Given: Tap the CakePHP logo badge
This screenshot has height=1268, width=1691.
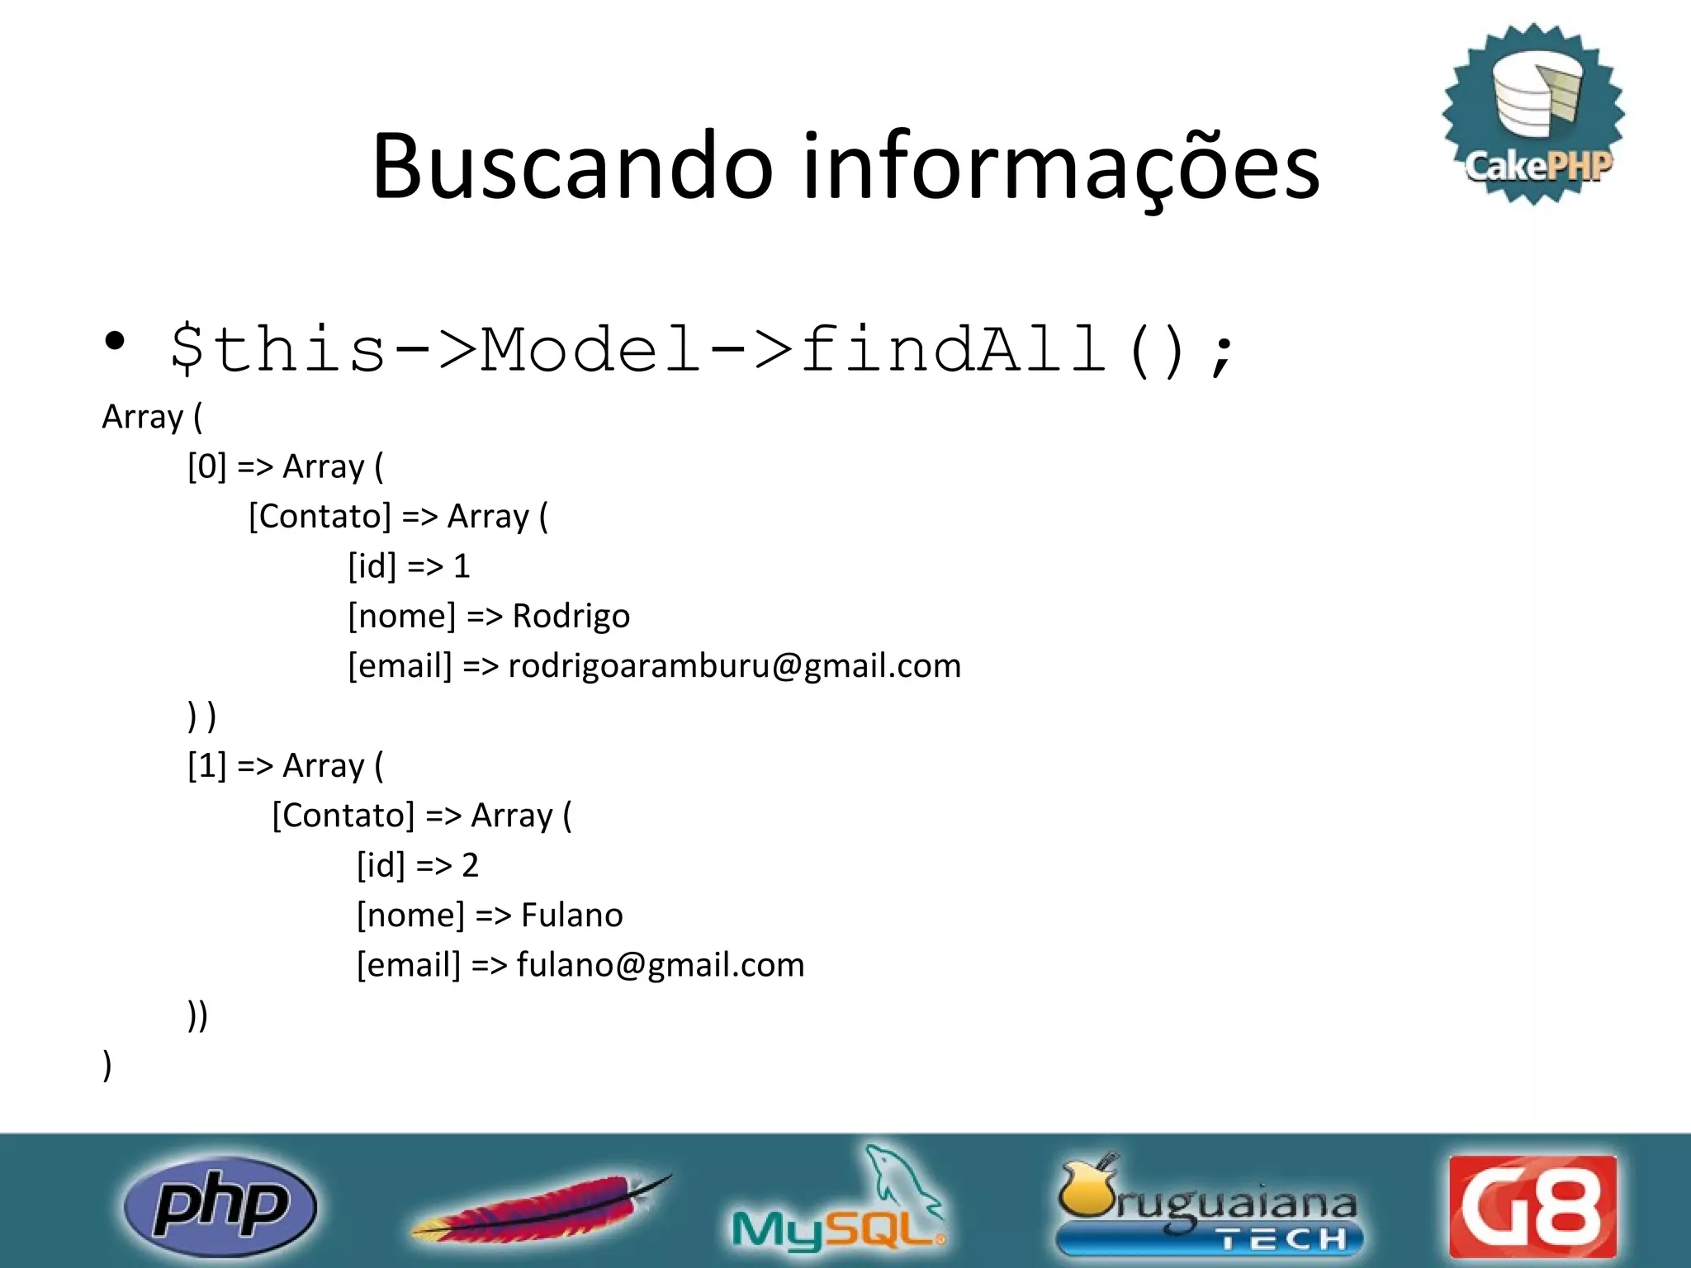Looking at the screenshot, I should click(1534, 114).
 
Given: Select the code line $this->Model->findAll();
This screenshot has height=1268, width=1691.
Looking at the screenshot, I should click(702, 350).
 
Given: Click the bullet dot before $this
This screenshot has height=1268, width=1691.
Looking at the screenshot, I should click(116, 340).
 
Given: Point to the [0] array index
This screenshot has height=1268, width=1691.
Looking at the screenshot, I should click(206, 467).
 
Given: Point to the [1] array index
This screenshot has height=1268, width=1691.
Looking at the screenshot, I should click(206, 766).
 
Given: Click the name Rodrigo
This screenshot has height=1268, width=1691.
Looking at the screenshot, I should click(571, 617).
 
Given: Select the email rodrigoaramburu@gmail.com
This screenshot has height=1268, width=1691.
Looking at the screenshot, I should click(734, 666).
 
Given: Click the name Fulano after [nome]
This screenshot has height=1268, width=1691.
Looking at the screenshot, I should click(571, 916).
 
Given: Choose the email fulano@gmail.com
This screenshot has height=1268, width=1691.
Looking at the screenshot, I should click(660, 965).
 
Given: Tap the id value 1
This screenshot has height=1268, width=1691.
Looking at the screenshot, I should click(462, 567).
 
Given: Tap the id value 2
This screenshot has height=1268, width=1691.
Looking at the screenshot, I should click(470, 866).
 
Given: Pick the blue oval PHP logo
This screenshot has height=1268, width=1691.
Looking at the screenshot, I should click(220, 1206).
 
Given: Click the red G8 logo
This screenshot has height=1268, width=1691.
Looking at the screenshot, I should click(1532, 1206).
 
